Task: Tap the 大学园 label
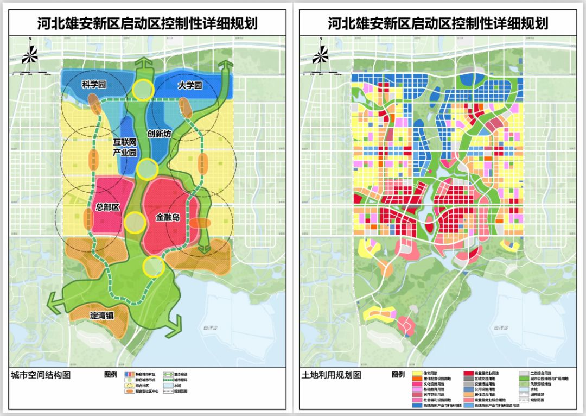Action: [x=189, y=85]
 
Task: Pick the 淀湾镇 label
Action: [x=101, y=314]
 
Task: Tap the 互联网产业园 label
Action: [x=124, y=147]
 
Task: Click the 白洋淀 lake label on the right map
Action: [x=500, y=327]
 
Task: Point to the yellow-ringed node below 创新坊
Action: [x=146, y=169]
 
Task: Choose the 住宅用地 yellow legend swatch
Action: [x=418, y=374]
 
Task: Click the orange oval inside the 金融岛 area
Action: [x=200, y=223]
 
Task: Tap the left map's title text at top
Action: [x=147, y=23]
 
